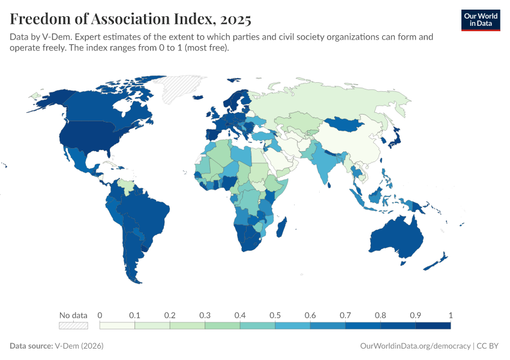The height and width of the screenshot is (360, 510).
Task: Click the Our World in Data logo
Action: pos(480,20)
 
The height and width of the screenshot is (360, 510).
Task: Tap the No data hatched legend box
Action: pos(73,325)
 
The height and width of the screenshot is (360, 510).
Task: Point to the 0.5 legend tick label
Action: pos(275,315)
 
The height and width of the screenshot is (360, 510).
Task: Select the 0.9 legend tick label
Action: pos(415,315)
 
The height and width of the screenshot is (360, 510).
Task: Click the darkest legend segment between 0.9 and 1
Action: pos(433,325)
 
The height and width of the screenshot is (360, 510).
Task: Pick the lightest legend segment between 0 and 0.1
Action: pos(117,325)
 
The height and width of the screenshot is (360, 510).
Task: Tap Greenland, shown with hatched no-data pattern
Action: pos(183,90)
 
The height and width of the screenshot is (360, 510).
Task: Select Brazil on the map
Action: pos(147,210)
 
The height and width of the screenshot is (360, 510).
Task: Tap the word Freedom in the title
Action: pos(40,20)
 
